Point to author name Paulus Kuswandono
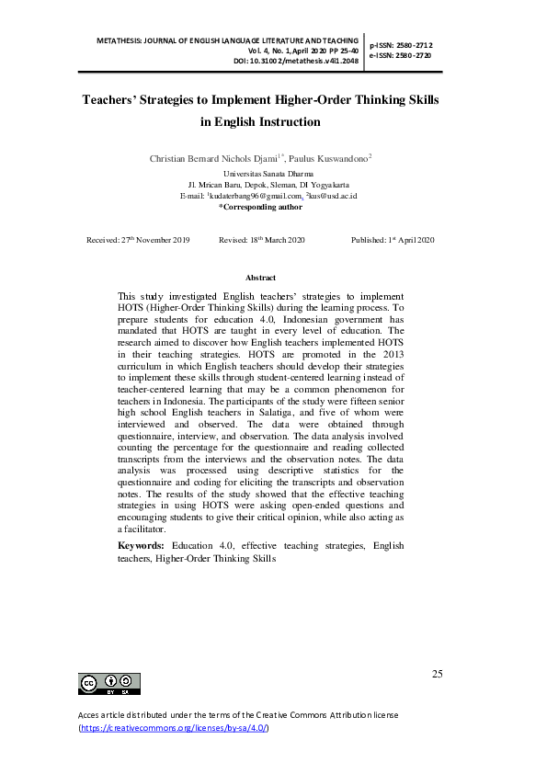tap(332, 159)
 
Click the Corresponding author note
tap(260, 208)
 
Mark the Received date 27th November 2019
tap(138, 240)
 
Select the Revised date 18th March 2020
tap(262, 240)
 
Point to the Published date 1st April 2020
tap(393, 240)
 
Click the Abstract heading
tap(260, 278)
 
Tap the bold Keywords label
tap(142, 545)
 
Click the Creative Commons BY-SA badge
tap(110, 683)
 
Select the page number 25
tap(437, 674)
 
